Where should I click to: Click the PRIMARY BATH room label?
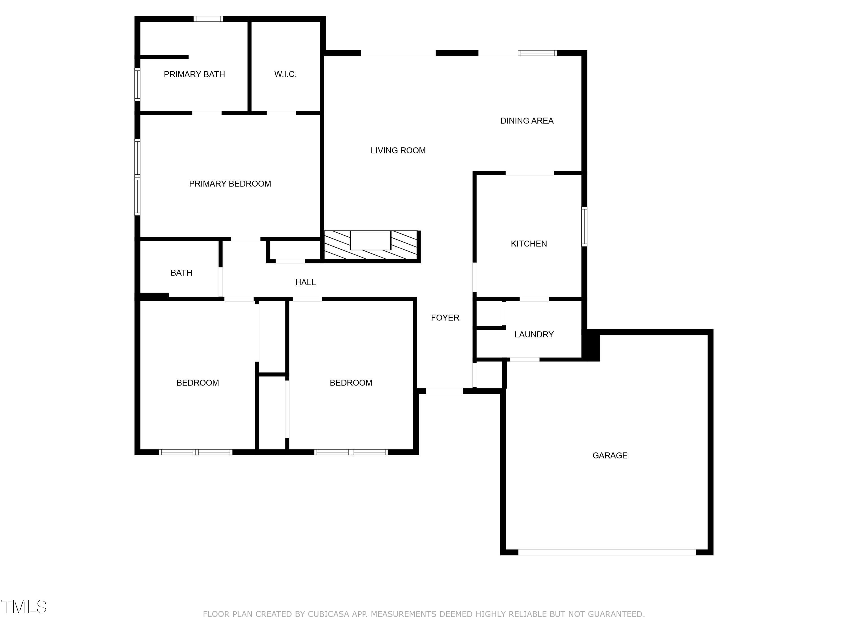(194, 74)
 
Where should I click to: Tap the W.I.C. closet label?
(285, 74)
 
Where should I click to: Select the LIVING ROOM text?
(398, 151)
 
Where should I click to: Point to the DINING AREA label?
(527, 121)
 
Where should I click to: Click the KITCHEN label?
(529, 244)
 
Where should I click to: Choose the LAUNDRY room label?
(534, 335)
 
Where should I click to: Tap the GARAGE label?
(609, 455)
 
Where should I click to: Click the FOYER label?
(445, 318)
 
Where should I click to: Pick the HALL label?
(305, 283)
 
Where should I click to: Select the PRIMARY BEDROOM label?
(230, 184)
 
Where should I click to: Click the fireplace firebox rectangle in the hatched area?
(370, 240)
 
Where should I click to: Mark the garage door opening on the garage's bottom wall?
(607, 552)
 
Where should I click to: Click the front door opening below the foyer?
(444, 391)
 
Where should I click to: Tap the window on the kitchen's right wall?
(584, 226)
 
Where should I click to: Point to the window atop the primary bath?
(208, 19)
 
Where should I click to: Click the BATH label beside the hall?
(181, 273)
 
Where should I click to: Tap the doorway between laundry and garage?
(524, 360)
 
